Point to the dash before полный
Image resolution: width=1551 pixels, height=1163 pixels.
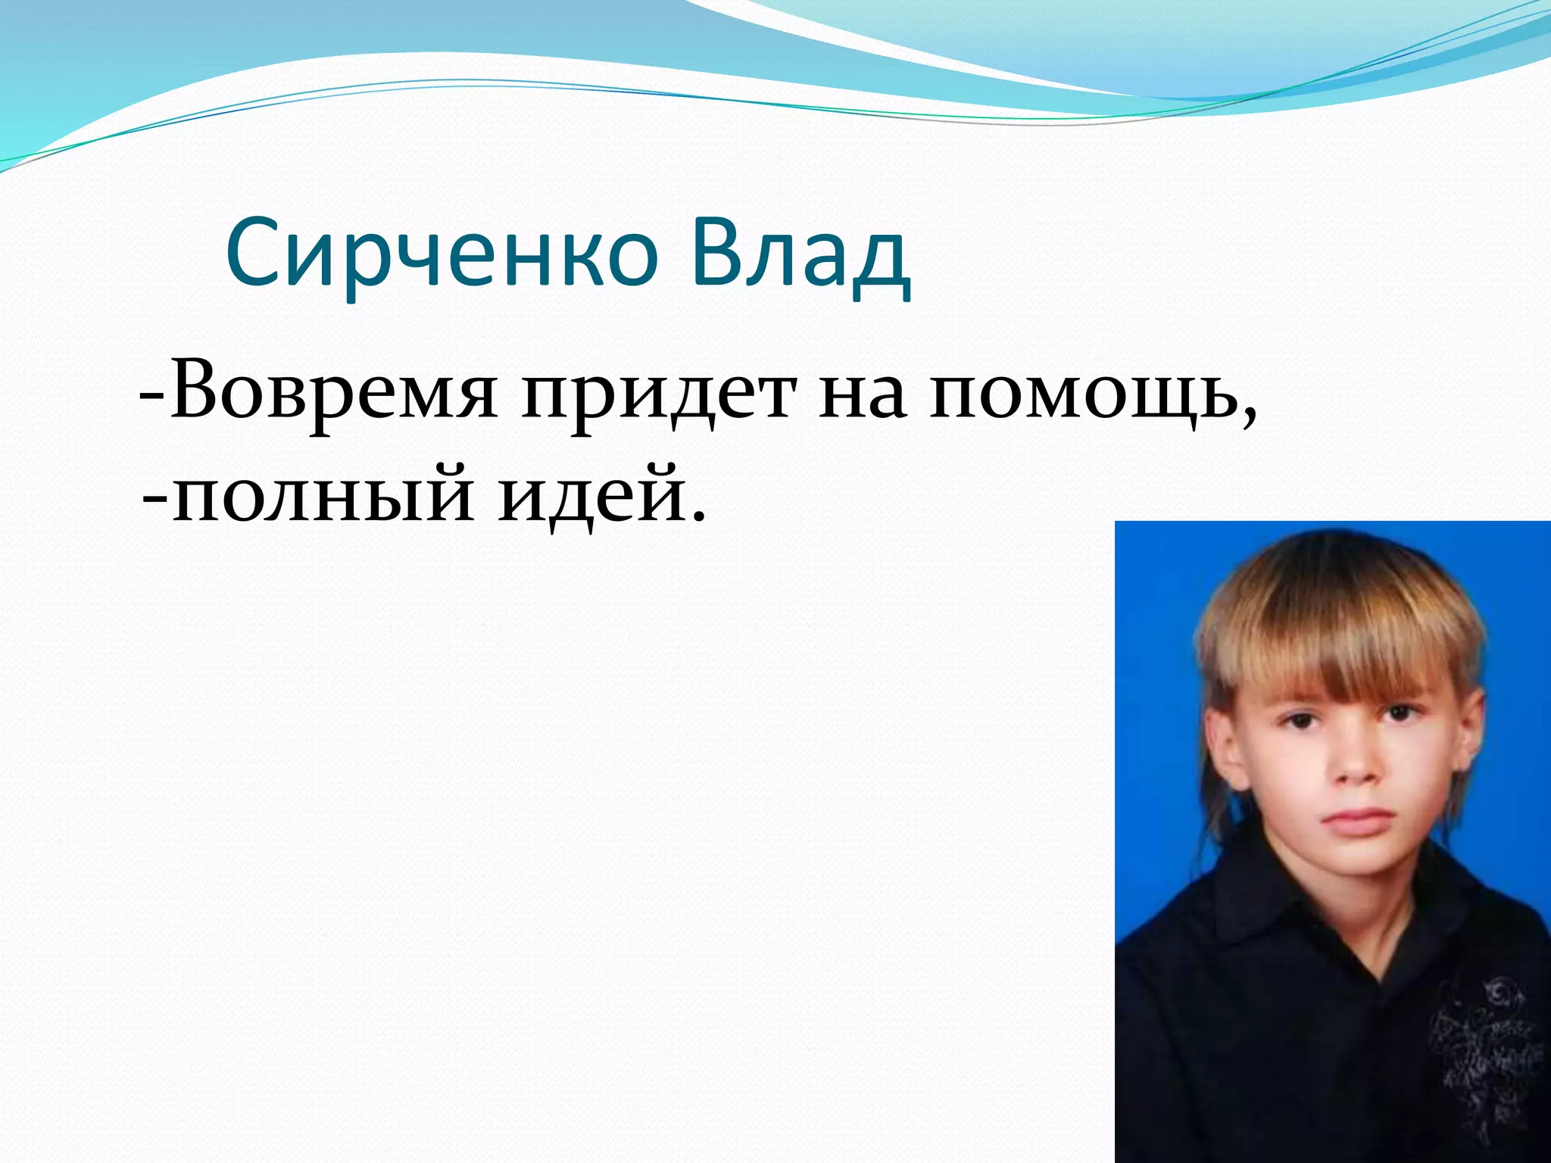click(154, 501)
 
